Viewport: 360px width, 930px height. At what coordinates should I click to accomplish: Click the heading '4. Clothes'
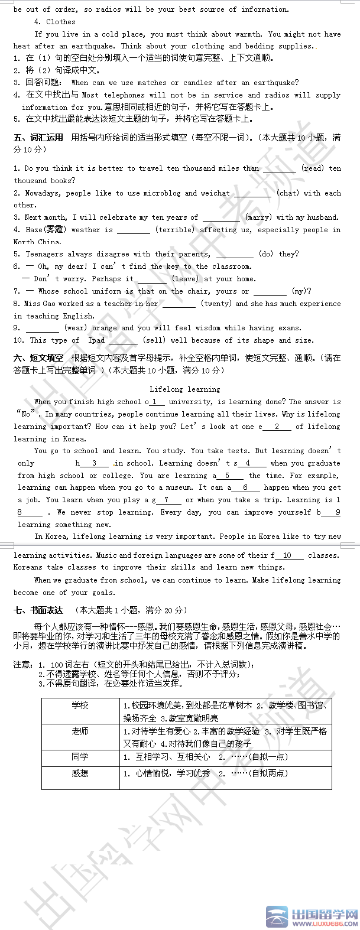(x=55, y=22)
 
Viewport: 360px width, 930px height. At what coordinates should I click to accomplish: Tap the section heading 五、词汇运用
(x=38, y=138)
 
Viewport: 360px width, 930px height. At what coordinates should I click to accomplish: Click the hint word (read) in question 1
(x=312, y=168)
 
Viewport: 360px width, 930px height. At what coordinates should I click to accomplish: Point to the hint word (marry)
(x=258, y=217)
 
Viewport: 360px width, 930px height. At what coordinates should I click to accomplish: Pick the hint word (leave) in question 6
(x=185, y=279)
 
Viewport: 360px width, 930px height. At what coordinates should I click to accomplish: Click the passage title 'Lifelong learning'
(x=184, y=389)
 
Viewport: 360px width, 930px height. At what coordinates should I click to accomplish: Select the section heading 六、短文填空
(x=38, y=359)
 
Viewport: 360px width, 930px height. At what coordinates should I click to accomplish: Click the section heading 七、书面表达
(x=38, y=610)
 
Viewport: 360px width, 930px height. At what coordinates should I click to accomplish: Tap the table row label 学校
(x=80, y=705)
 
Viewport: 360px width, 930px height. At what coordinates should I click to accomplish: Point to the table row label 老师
(x=80, y=731)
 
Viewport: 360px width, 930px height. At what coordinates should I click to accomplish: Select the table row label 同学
(x=80, y=757)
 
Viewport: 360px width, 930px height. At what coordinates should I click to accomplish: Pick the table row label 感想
(x=80, y=773)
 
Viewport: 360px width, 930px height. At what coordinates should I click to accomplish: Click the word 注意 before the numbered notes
(x=21, y=665)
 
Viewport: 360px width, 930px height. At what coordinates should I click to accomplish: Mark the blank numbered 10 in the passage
(x=288, y=555)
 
